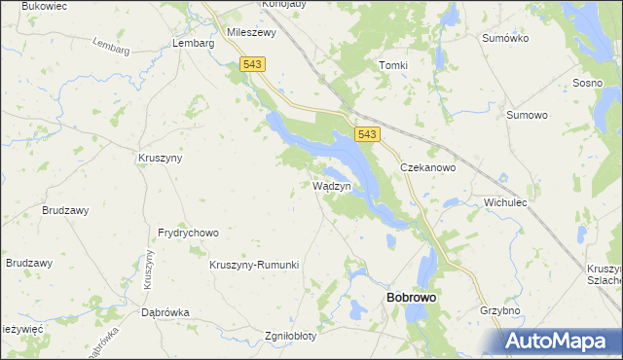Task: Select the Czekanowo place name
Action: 428,167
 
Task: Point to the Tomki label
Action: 392,65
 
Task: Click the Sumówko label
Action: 505,38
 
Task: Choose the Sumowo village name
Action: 527,114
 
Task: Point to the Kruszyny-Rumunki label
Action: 254,265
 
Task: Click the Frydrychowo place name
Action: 188,234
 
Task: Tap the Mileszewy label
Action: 252,31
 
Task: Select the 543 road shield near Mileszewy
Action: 252,63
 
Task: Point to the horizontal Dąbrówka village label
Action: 165,312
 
